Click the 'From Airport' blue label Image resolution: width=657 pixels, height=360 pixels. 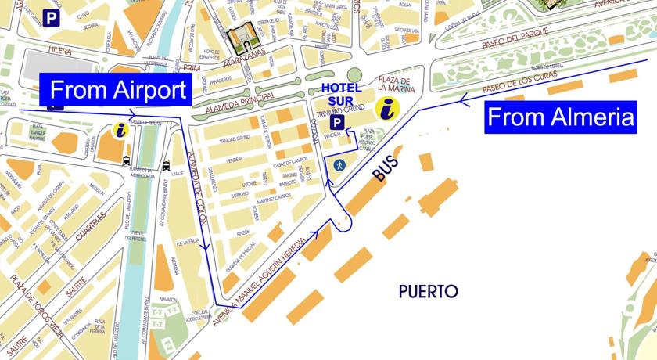[x=117, y=90]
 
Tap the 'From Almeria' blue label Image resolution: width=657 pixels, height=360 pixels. [x=559, y=118]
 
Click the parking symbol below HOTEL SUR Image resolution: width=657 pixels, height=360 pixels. [x=336, y=123]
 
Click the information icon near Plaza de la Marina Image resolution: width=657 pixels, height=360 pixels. [x=386, y=109]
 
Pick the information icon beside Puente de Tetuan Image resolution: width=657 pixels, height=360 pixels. [x=120, y=130]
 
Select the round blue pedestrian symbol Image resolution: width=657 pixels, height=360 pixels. [x=339, y=165]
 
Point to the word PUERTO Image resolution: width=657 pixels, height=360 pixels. [x=428, y=292]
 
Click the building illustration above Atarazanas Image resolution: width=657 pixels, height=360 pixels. [x=239, y=37]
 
